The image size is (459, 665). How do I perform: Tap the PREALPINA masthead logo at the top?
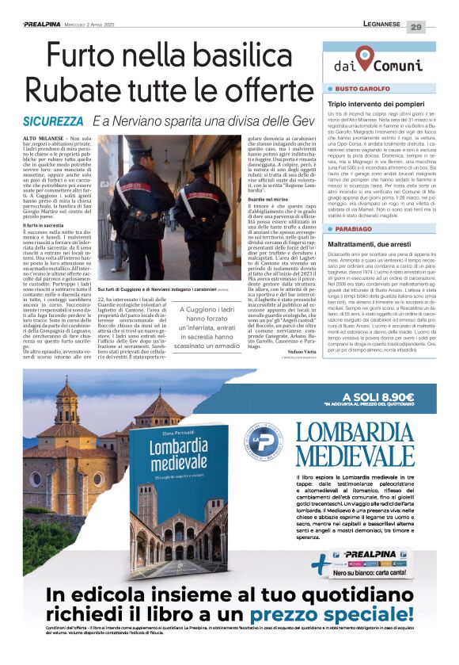point(31,26)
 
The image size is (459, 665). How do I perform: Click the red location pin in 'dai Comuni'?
point(363,57)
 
